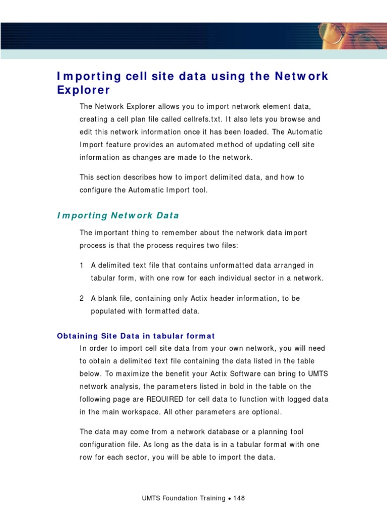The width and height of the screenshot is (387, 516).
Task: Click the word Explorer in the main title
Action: [x=83, y=90]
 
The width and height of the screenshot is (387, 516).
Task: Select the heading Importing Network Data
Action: [x=118, y=216]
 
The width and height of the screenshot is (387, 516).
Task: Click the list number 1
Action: [x=82, y=266]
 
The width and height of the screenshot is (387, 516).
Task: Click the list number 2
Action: [x=82, y=298]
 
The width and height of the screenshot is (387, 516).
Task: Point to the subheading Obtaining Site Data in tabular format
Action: [x=136, y=336]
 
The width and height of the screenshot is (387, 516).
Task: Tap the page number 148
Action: [x=239, y=498]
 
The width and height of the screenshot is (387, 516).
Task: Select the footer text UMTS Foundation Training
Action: [x=183, y=498]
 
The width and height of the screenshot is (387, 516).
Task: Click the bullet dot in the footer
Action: [x=229, y=499]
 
